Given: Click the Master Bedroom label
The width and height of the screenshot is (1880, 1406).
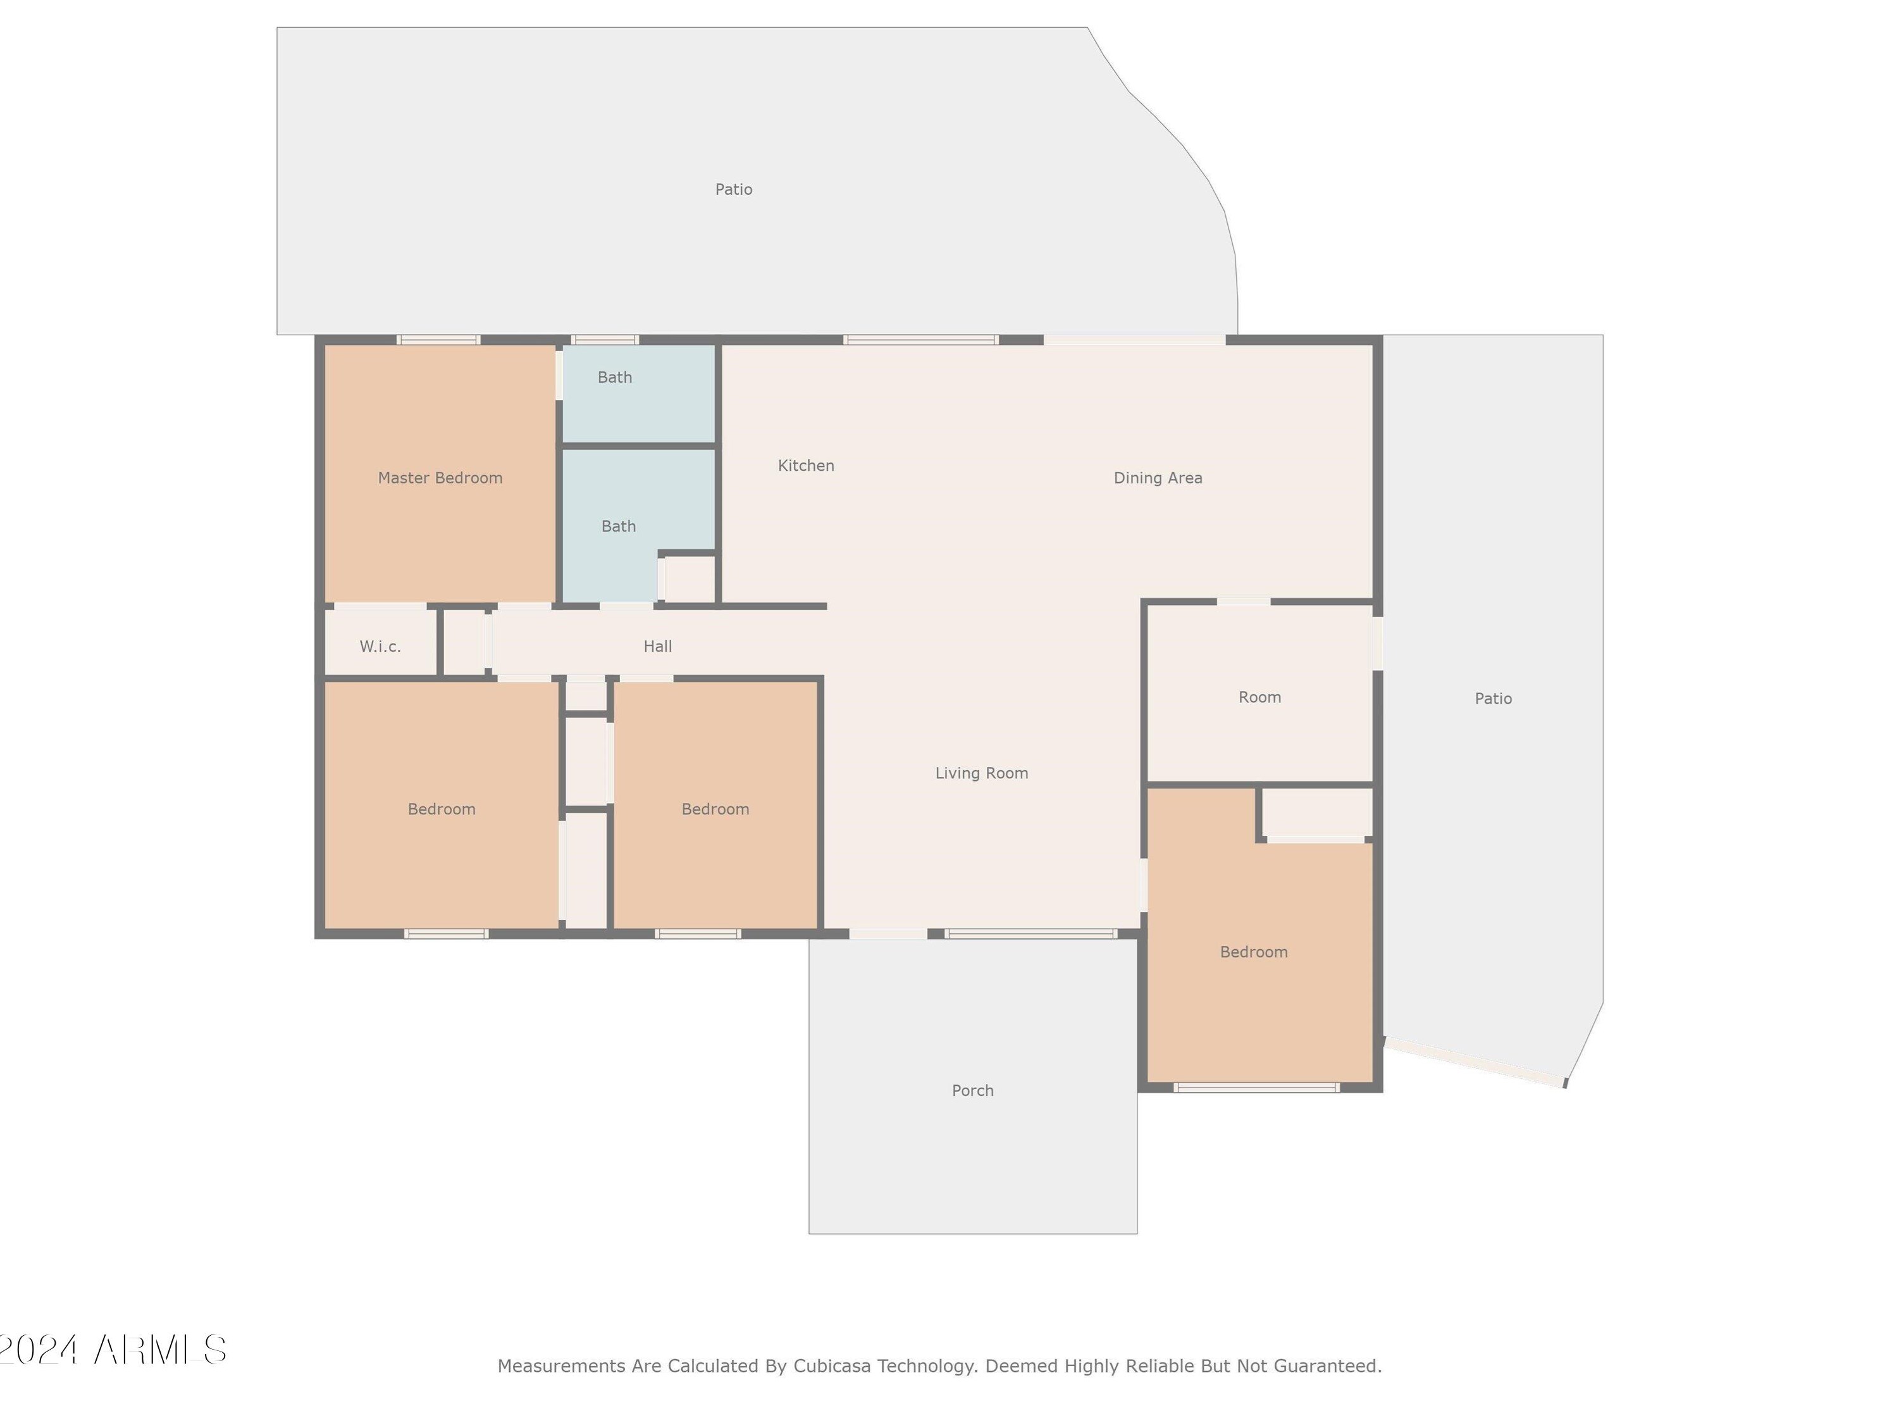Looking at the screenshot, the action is pyautogui.click(x=440, y=478).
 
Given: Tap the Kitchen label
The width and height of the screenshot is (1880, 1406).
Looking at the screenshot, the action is pyautogui.click(x=806, y=466).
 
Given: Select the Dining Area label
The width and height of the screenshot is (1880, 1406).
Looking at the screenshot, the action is pyautogui.click(x=1158, y=478).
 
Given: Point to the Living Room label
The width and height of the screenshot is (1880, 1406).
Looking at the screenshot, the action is pyautogui.click(x=982, y=773).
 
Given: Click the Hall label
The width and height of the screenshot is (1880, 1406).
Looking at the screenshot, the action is pyautogui.click(x=658, y=646).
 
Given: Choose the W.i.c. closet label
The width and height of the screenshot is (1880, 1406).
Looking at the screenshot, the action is pyautogui.click(x=380, y=646).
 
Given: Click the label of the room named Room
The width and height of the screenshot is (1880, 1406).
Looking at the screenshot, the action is pyautogui.click(x=1259, y=697).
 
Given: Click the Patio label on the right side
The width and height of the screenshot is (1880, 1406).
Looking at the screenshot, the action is pyautogui.click(x=1493, y=699).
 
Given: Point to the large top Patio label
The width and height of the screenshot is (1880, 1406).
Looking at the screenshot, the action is pyautogui.click(x=734, y=190).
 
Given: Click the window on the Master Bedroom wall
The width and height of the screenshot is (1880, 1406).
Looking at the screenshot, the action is pyautogui.click(x=438, y=340).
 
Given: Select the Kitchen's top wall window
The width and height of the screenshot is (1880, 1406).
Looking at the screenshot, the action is pyautogui.click(x=920, y=340).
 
